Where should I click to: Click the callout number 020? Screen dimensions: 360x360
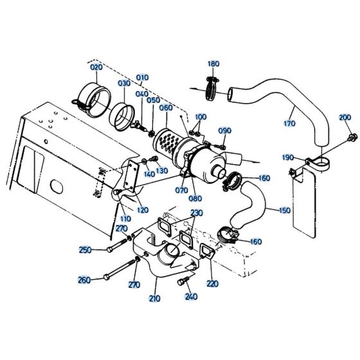[96, 67]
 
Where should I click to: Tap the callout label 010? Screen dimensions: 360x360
[143, 77]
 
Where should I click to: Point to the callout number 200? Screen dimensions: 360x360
[345, 117]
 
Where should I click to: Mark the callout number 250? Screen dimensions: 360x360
[85, 249]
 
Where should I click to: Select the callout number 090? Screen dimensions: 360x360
[224, 130]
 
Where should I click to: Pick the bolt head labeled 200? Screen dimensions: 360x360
[351, 137]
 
